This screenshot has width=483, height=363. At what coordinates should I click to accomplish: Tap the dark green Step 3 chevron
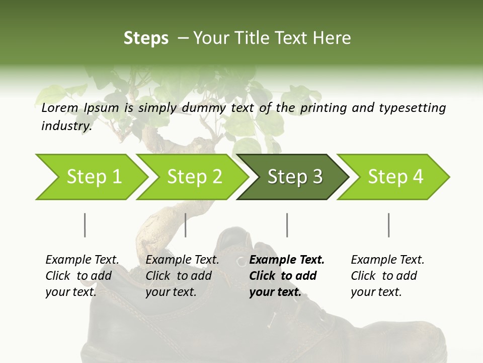point(295,177)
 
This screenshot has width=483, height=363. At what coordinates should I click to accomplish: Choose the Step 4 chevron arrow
point(395,177)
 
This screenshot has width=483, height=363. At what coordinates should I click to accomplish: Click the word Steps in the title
point(146,38)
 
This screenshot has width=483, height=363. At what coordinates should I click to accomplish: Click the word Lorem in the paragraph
point(60,108)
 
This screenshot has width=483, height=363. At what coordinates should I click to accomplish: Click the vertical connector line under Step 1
point(85,225)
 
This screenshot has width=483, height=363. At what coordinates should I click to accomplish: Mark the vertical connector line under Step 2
point(186,225)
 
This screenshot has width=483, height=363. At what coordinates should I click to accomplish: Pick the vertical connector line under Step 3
point(287,225)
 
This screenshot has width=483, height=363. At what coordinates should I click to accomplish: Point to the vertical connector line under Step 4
point(388,225)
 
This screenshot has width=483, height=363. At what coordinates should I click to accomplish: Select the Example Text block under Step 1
point(82,276)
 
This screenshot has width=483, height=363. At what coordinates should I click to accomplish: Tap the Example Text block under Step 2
point(182,276)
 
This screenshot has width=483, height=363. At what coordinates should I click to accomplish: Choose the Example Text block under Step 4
point(387,276)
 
